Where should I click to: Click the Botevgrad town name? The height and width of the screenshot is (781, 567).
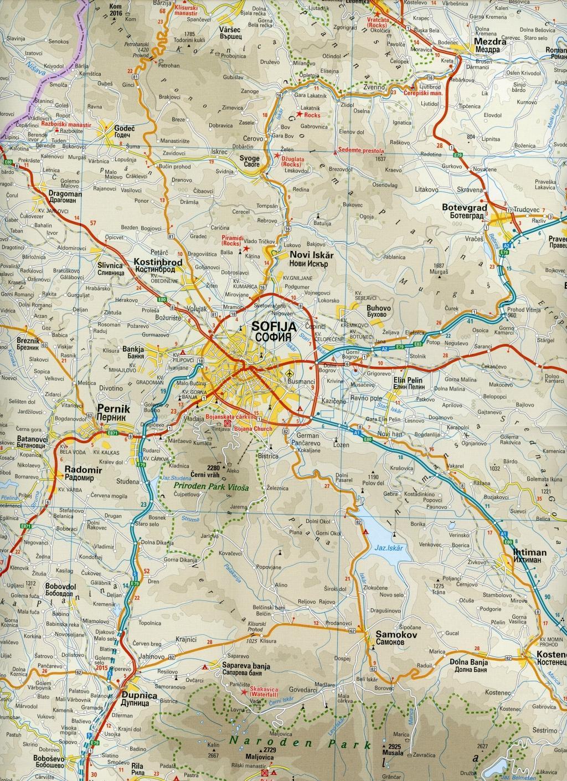click(464, 207)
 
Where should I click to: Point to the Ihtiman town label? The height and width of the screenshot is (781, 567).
click(529, 552)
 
